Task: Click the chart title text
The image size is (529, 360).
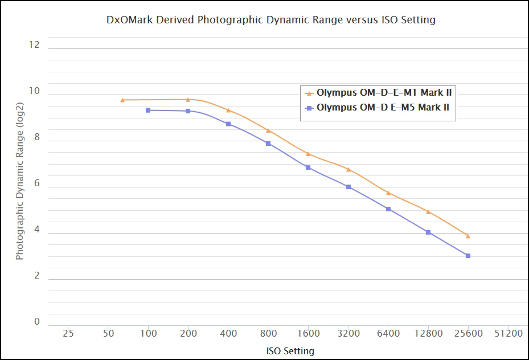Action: click(x=271, y=20)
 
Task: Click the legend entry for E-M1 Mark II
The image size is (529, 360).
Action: click(x=384, y=92)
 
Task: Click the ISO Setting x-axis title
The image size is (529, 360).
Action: click(x=290, y=351)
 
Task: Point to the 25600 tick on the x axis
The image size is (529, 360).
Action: click(x=468, y=333)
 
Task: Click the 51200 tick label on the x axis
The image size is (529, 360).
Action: click(x=508, y=333)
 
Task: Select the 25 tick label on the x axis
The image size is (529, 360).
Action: click(x=68, y=333)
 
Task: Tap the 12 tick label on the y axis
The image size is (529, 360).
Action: click(x=34, y=44)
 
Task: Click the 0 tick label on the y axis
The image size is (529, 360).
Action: click(x=37, y=322)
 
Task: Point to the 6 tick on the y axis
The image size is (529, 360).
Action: click(x=37, y=183)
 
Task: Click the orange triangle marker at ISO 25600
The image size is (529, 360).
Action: click(x=468, y=236)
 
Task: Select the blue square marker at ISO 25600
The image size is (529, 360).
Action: click(x=468, y=256)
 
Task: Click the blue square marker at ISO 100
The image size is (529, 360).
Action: click(x=148, y=110)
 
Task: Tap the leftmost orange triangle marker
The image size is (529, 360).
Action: click(x=122, y=100)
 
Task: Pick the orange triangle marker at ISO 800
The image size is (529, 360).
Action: click(x=268, y=130)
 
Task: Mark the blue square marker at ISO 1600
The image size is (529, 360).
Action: click(x=308, y=167)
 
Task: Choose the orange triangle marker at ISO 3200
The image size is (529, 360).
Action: click(x=348, y=169)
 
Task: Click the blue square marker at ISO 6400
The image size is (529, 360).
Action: click(x=388, y=209)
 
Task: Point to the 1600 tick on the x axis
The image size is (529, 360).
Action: click(x=308, y=333)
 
